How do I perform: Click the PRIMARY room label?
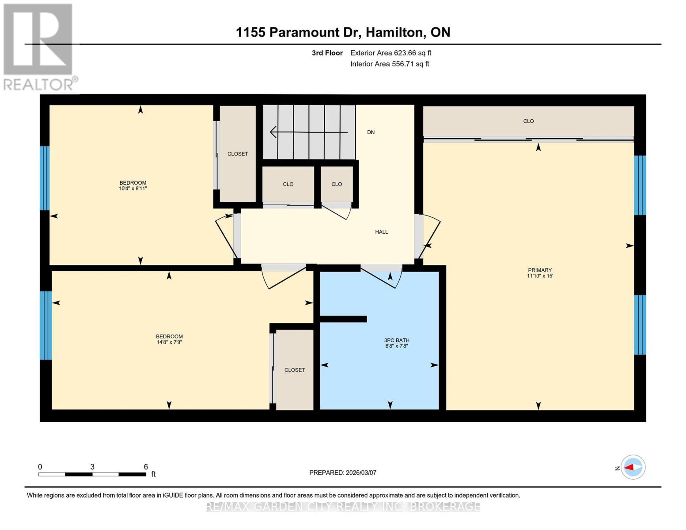(540, 270)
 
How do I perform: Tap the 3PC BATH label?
(396, 340)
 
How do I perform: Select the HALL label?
(382, 232)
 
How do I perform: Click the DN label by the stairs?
(371, 132)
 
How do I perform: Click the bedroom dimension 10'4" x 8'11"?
(133, 189)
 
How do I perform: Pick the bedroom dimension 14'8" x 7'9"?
(169, 342)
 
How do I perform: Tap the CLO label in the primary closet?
(528, 121)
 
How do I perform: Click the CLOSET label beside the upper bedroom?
(238, 154)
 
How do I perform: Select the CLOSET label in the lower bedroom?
(295, 370)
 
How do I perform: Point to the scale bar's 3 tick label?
(92, 467)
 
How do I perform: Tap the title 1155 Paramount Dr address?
(343, 32)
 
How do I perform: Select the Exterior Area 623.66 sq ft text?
(390, 53)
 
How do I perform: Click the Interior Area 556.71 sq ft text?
(390, 64)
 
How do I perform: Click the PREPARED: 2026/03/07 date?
(343, 473)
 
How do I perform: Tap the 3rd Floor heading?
(327, 53)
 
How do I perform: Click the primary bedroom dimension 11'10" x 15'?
(540, 276)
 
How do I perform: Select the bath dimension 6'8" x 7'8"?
(396, 346)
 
